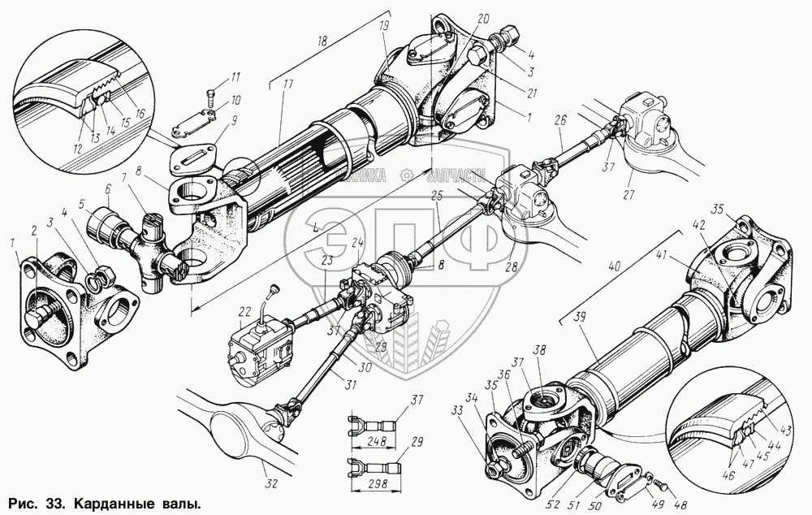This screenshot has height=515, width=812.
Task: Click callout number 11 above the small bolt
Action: [236, 77]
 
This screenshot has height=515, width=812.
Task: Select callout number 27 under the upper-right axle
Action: [627, 196]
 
